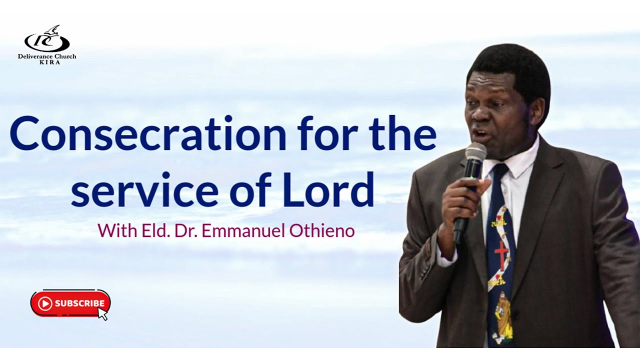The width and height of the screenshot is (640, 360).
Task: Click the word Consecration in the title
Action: (147, 134)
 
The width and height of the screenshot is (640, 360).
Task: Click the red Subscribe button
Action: (69, 303)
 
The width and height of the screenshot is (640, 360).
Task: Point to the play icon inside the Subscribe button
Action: (45, 303)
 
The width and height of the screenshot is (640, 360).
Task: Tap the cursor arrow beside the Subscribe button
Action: (102, 313)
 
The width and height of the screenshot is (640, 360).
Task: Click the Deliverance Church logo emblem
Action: (47, 40)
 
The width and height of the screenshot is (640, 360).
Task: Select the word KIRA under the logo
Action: (47, 62)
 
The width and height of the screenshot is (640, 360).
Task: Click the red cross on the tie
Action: (500, 254)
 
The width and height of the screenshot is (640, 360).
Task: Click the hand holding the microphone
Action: (462, 200)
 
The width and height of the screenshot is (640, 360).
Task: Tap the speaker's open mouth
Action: (478, 133)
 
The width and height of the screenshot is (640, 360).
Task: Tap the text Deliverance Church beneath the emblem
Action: (47, 56)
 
